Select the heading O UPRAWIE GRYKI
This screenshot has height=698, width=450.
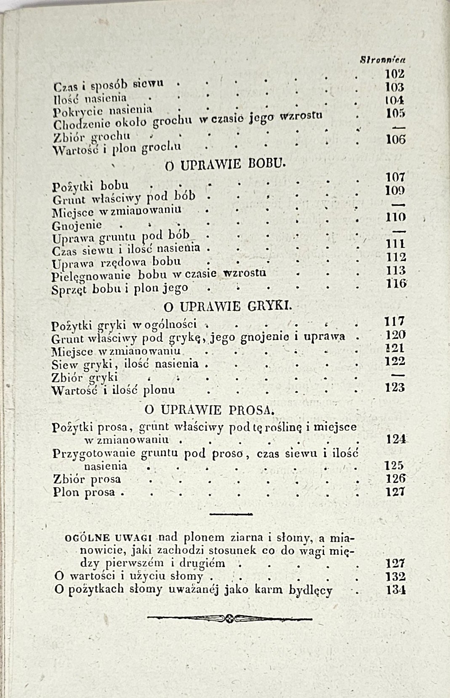point(227,306)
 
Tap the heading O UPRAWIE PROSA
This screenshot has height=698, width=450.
point(210,410)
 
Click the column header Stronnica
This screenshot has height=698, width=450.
point(379,60)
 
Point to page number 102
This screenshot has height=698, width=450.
point(394,74)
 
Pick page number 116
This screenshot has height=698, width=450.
point(396,284)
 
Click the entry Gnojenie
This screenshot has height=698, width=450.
point(77,226)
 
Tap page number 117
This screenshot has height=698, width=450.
point(394,322)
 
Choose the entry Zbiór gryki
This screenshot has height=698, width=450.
point(85,377)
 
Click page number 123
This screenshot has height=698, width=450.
point(395,387)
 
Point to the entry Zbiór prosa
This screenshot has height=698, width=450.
point(87,479)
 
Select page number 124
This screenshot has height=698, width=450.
point(396,440)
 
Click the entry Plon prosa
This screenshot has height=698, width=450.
point(84,492)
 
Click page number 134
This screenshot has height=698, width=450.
point(396,590)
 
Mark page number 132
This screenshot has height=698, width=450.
point(396,576)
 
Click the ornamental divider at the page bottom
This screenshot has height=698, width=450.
point(229,618)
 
